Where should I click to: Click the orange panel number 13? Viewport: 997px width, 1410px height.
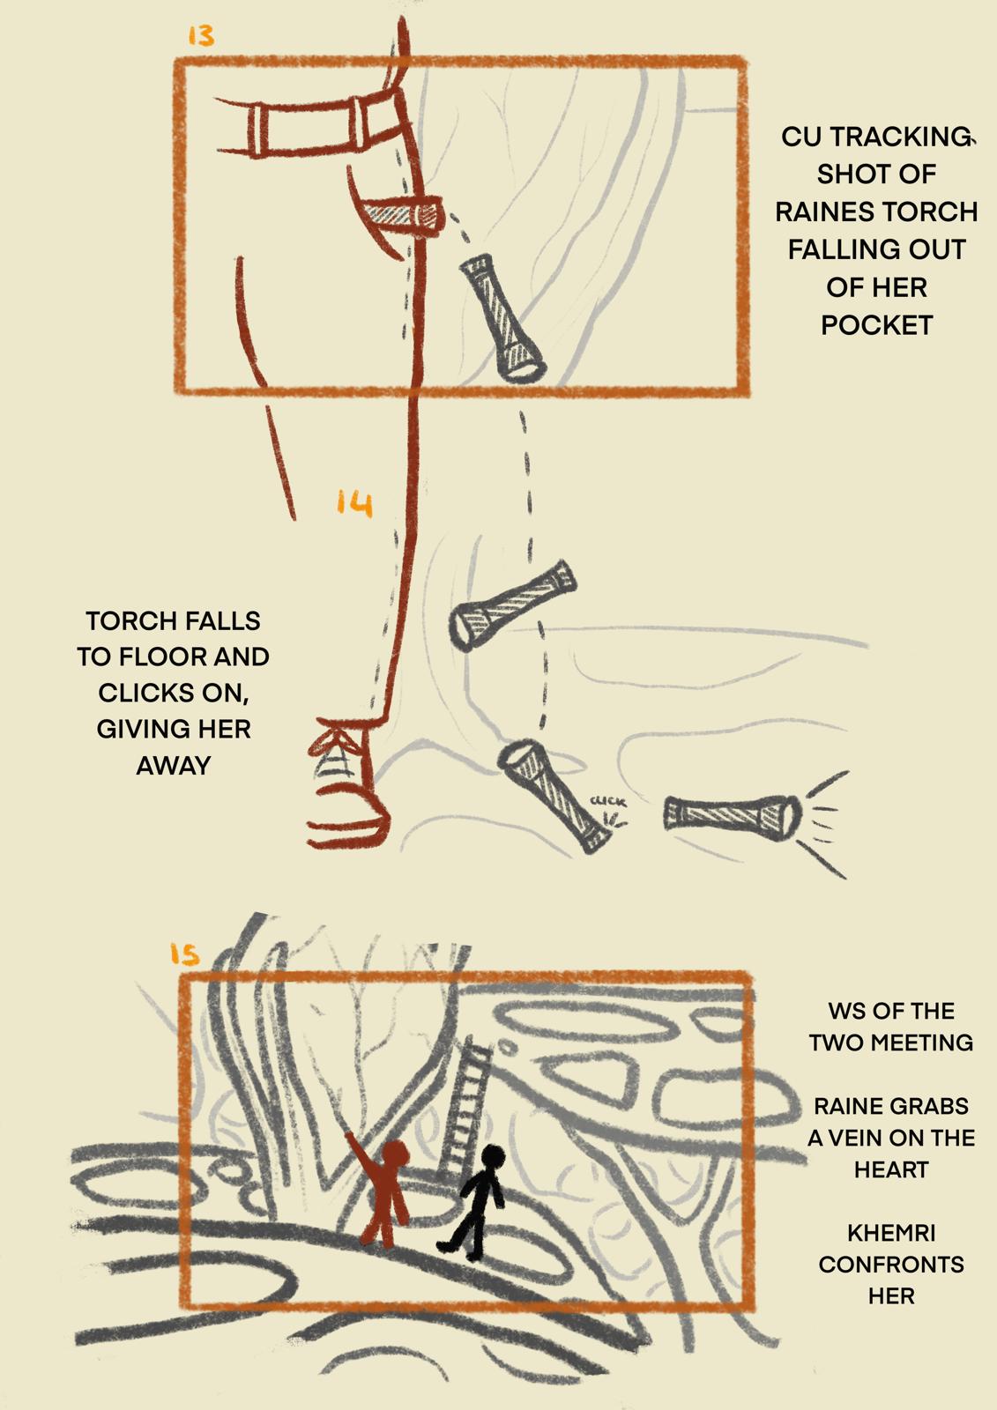click(202, 36)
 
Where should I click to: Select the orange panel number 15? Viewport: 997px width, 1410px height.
click(184, 955)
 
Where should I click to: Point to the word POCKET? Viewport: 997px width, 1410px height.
click(876, 325)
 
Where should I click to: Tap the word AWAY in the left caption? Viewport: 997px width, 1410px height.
click(173, 766)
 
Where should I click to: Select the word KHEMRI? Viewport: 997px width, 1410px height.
click(891, 1233)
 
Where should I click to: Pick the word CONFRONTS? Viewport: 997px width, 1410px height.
click(891, 1265)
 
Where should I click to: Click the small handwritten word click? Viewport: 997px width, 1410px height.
click(608, 802)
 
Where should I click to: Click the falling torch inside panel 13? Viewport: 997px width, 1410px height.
click(502, 318)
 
